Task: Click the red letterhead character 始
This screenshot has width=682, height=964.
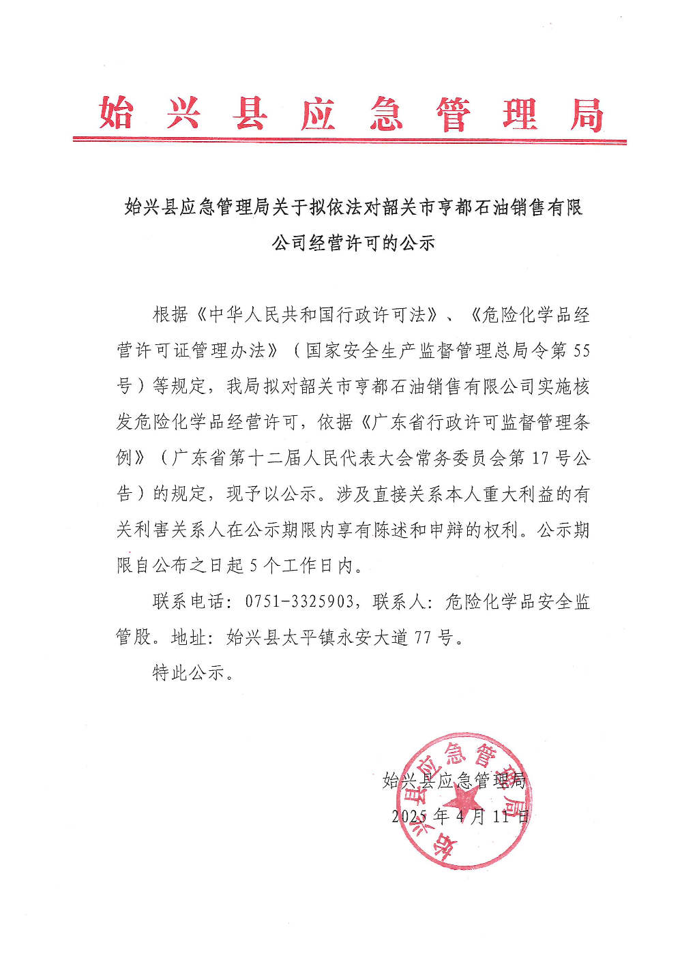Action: (116, 113)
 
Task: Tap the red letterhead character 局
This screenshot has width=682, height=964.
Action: (587, 115)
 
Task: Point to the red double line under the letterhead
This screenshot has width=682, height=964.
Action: (349, 141)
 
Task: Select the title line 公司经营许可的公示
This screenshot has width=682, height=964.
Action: (353, 243)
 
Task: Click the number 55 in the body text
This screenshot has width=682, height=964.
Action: (581, 350)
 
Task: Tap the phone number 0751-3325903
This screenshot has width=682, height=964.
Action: (299, 601)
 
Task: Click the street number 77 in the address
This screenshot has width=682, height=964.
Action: (423, 637)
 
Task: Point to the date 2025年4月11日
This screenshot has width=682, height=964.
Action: (460, 816)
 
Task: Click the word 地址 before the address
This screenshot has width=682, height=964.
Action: (189, 637)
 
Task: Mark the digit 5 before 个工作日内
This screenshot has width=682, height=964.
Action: (254, 565)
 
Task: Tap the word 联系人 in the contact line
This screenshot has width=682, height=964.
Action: (400, 601)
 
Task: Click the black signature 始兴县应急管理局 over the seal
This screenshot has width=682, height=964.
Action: (454, 781)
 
